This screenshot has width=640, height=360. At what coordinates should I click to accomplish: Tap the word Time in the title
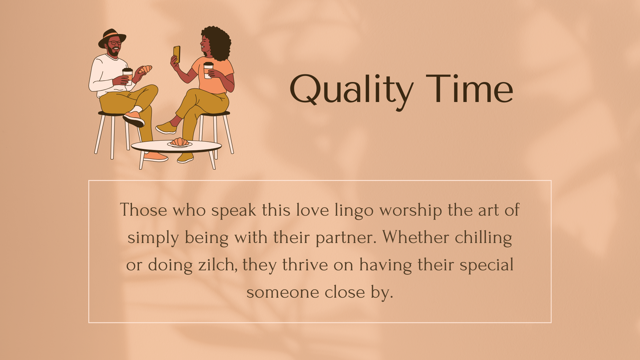[469, 88]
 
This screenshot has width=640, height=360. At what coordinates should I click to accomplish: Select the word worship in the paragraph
[411, 211]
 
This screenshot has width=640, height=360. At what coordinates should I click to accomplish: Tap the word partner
[346, 238]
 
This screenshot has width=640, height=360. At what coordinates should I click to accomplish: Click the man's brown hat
[112, 37]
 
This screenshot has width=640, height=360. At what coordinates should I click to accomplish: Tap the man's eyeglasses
[115, 43]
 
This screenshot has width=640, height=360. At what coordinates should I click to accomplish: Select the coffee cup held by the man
[127, 76]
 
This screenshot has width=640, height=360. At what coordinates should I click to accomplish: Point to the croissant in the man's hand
[145, 69]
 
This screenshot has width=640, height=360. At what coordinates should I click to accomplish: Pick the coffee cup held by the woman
[208, 70]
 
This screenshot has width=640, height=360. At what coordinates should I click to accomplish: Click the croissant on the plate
[180, 142]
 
